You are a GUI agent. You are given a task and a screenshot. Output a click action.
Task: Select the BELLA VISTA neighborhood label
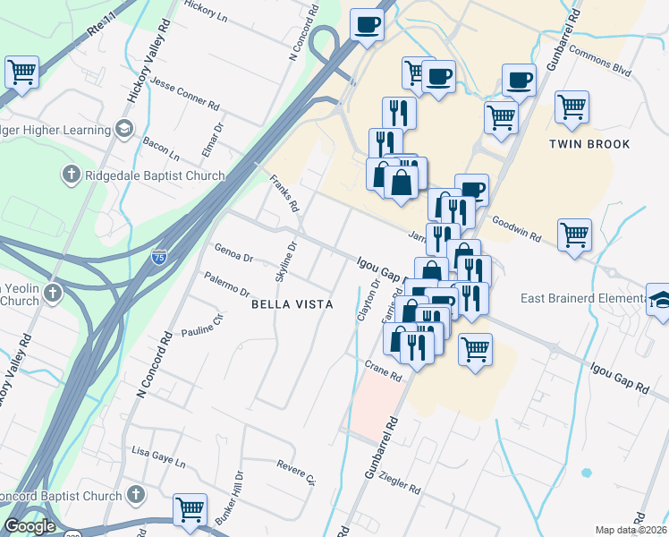click(x=292, y=305)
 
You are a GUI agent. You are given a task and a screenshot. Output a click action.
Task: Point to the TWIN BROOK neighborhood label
click(x=589, y=144)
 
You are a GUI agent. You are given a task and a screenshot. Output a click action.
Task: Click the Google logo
click(x=29, y=526)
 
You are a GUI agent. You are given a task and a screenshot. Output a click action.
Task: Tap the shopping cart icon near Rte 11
click(x=21, y=72)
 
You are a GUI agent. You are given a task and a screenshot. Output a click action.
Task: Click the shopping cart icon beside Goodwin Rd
click(x=573, y=236)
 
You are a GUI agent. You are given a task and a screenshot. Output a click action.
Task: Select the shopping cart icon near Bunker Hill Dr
click(x=190, y=510)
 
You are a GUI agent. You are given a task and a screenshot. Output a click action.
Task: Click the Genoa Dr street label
click(x=234, y=254)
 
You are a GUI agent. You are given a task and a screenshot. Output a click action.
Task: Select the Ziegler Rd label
click(x=400, y=485)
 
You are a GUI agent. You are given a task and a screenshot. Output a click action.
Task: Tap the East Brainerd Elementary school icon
click(x=659, y=300)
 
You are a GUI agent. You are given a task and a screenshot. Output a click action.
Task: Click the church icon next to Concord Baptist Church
click(x=136, y=495)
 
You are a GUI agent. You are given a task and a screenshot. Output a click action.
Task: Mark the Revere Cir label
click(x=297, y=472)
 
